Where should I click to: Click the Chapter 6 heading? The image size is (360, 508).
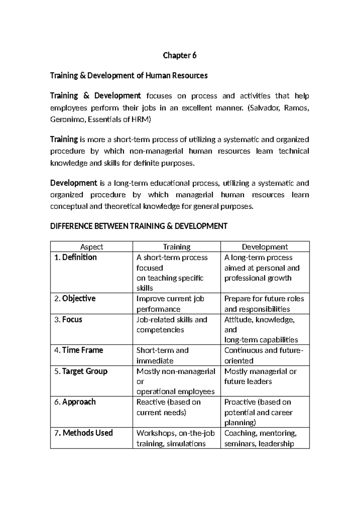click(x=179, y=55)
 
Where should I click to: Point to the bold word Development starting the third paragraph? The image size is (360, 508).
click(x=73, y=183)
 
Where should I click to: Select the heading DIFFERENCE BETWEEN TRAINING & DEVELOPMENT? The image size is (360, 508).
click(x=139, y=226)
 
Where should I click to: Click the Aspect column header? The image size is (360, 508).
click(x=91, y=247)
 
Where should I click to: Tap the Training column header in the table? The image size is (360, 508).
click(x=176, y=247)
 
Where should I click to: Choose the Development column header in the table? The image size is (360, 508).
click(x=265, y=247)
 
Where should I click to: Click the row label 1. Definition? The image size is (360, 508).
click(x=75, y=257)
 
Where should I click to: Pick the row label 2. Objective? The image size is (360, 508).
click(x=75, y=298)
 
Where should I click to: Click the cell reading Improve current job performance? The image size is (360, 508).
click(x=170, y=303)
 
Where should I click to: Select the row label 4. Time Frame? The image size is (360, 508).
click(x=79, y=350)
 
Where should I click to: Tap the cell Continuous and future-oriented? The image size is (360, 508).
click(x=263, y=355)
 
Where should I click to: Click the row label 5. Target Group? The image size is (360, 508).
click(x=81, y=371)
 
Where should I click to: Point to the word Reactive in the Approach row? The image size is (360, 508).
click(x=151, y=402)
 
